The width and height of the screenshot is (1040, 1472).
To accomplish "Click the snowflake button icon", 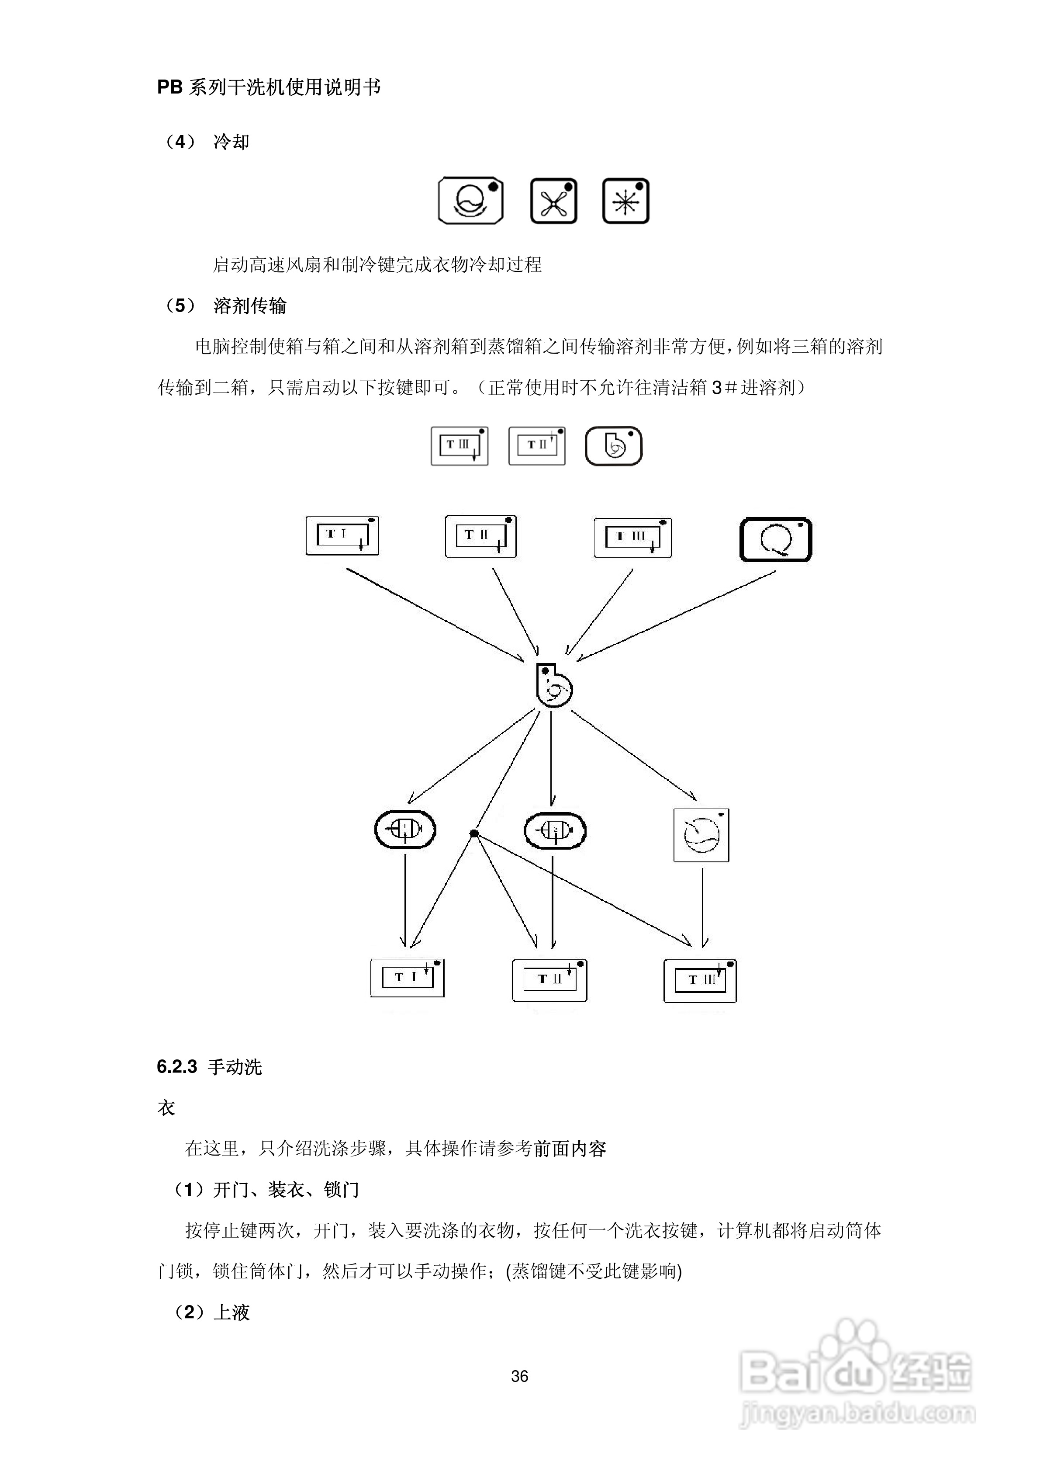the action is [x=625, y=201].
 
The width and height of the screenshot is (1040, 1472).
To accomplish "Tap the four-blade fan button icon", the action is [x=554, y=201].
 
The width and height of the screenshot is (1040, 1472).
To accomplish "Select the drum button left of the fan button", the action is [x=470, y=201].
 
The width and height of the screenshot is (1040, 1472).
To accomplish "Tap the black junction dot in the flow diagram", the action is [x=474, y=833].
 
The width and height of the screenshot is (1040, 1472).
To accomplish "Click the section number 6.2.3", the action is [x=177, y=1067].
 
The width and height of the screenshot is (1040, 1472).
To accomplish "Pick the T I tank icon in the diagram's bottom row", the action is [x=408, y=978].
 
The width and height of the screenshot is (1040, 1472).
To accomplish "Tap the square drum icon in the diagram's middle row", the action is [x=701, y=835].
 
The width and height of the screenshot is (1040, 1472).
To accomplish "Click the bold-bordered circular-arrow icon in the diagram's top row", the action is [x=775, y=540].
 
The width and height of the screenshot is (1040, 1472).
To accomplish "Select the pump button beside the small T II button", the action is [x=613, y=445].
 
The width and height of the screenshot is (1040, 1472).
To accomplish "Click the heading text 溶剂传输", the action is [x=249, y=306].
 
